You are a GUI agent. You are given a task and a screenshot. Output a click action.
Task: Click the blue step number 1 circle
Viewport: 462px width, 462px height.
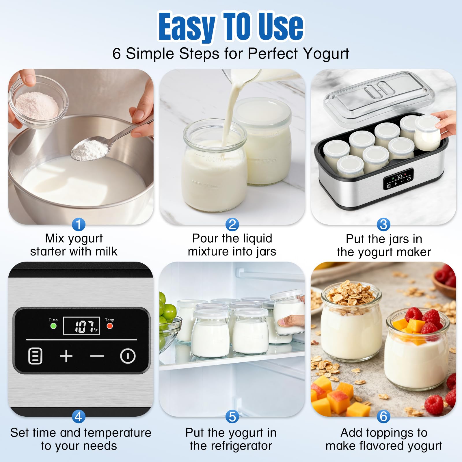pos(79,224)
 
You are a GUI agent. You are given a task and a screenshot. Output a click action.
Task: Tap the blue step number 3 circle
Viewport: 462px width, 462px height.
pos(383,224)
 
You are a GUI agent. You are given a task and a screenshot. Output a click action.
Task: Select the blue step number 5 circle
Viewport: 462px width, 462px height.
pos(232,417)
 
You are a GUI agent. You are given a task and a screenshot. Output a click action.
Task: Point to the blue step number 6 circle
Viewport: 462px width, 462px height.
pos(383,416)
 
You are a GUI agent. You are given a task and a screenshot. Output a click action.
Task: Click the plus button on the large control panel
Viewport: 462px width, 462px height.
pos(66,356)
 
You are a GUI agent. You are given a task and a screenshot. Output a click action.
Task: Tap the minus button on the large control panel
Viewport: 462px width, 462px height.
pos(97,356)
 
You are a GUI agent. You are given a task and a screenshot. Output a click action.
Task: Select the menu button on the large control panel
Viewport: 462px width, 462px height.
pos(36,356)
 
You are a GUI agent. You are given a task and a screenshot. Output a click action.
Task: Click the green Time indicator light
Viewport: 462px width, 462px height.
pos(53,326)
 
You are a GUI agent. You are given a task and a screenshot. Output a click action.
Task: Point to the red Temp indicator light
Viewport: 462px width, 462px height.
pos(110,326)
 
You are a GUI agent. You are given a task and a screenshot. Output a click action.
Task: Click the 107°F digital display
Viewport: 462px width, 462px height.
pos(82,326)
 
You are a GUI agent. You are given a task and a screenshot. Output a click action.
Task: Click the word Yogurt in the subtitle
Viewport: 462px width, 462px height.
pos(326,54)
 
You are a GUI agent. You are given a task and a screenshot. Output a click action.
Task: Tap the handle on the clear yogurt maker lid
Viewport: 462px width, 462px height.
pos(378,89)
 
